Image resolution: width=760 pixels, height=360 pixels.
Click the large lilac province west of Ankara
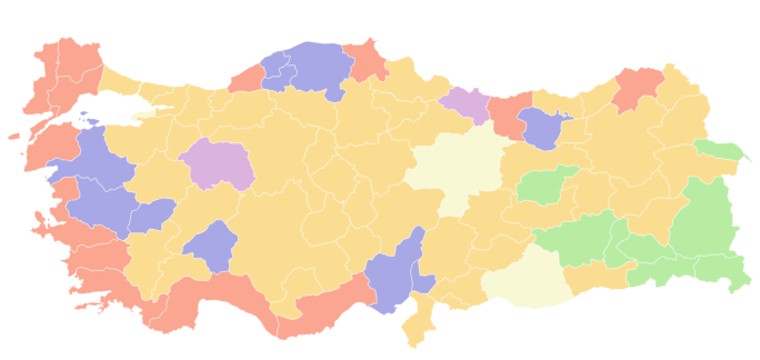(217, 164)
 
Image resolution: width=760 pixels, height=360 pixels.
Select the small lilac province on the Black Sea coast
(466, 102)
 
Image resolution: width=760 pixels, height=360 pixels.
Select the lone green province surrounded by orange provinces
(547, 185)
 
